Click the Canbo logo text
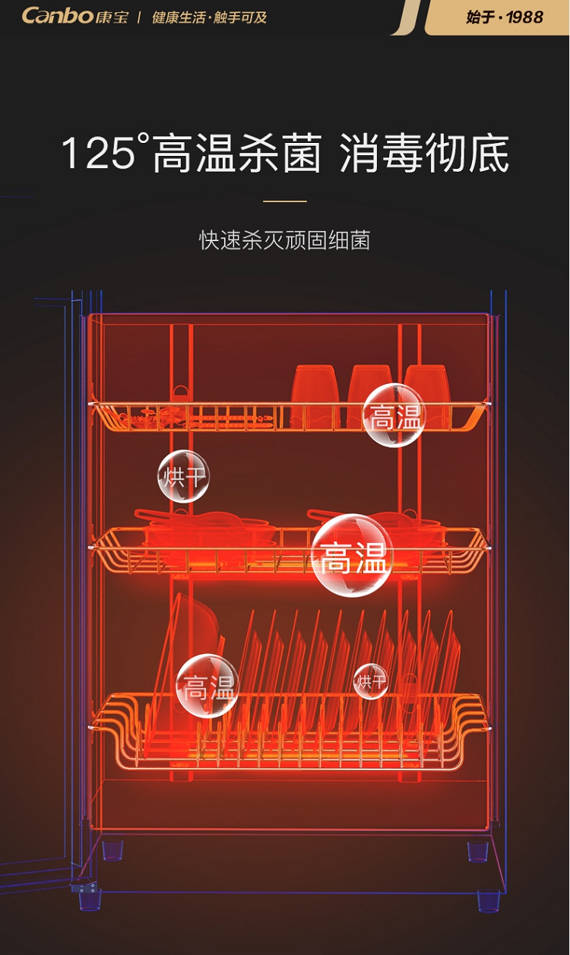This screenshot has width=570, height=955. click(x=57, y=15)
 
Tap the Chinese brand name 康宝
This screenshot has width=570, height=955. click(x=112, y=17)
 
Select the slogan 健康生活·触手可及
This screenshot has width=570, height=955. click(x=209, y=17)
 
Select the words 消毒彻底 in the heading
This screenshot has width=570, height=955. click(x=424, y=153)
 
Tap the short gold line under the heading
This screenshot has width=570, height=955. click(x=285, y=201)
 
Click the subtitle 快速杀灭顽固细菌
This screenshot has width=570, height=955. click(x=285, y=241)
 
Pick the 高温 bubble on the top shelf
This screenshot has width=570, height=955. click(x=394, y=415)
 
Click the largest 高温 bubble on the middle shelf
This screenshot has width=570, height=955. click(x=352, y=555)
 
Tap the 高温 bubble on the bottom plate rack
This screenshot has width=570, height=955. click(x=207, y=686)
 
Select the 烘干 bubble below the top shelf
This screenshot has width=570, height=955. click(x=183, y=476)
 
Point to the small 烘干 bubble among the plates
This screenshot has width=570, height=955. click(x=371, y=681)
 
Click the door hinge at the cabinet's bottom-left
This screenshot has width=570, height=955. click(x=84, y=887)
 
